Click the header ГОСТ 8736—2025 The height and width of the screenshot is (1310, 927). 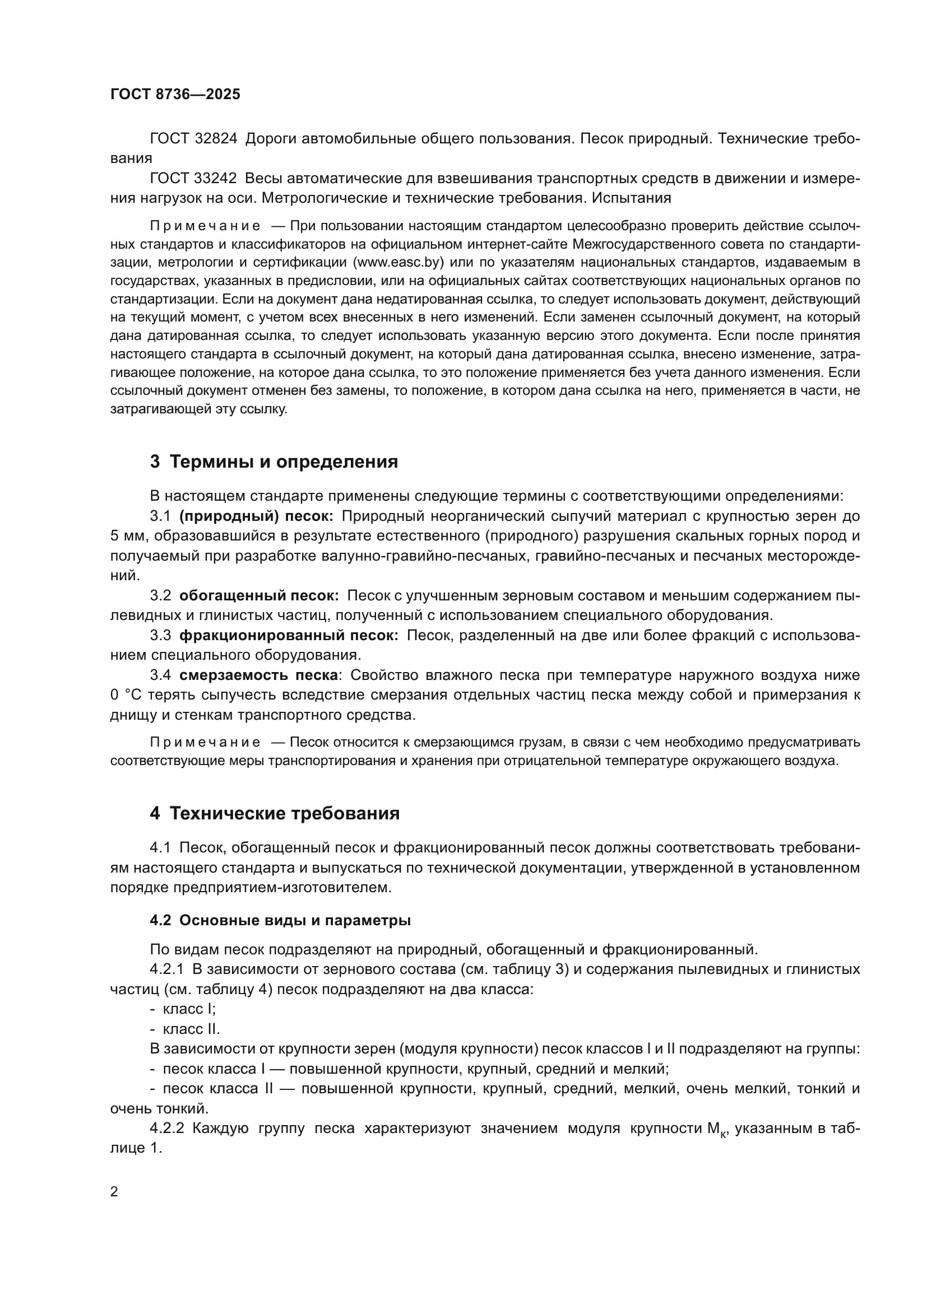(175, 95)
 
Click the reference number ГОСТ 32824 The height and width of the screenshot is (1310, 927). (193, 139)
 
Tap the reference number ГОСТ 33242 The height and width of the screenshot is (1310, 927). (193, 179)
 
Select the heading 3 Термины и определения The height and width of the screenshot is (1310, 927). (274, 461)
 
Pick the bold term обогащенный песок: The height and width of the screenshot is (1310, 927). (259, 596)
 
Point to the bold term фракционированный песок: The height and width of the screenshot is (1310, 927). (289, 636)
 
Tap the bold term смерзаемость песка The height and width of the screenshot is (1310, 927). (258, 675)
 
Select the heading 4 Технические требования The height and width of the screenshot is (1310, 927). (275, 814)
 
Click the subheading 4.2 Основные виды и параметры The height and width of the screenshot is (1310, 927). (280, 920)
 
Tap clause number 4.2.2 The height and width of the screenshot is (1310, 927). (167, 1129)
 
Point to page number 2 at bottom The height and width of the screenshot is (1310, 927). (114, 1192)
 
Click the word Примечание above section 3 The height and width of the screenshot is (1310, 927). (205, 226)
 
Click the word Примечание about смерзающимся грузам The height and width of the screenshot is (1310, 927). (205, 742)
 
